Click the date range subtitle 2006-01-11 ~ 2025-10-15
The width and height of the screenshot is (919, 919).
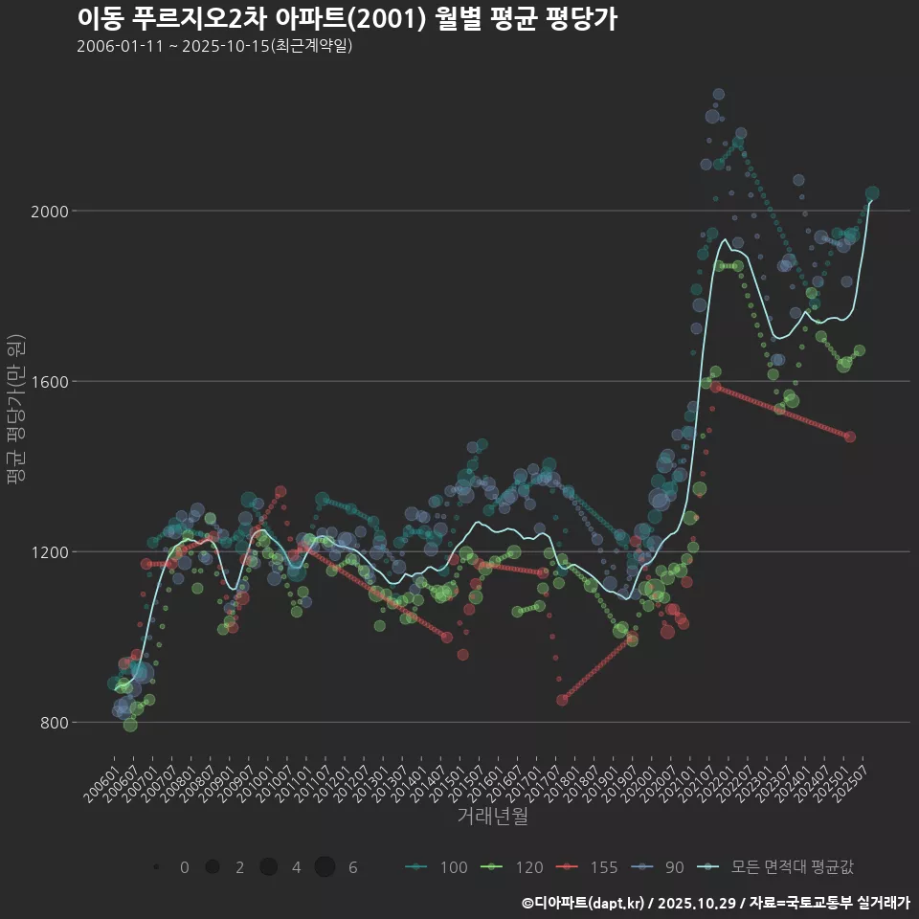point(214,46)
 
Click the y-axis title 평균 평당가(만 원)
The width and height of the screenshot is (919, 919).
point(15,412)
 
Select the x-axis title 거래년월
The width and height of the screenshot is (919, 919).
point(492,816)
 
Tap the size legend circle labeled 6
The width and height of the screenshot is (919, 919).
point(325,867)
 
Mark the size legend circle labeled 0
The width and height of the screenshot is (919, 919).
point(156,867)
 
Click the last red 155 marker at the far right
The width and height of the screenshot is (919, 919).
point(850,437)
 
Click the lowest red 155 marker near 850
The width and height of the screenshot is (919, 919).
point(562,700)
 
